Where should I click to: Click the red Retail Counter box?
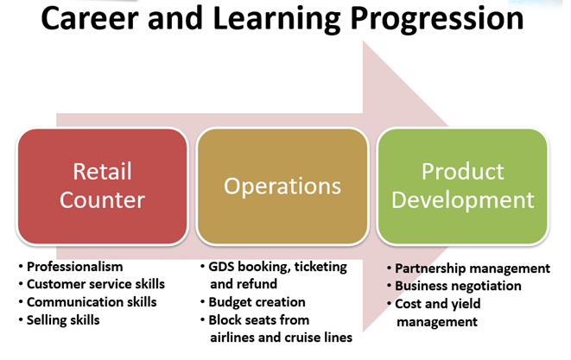tap(103, 186)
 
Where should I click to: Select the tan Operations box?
tap(282, 186)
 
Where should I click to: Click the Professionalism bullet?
tap(75, 267)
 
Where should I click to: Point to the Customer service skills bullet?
tap(95, 284)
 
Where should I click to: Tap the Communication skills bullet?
tap(92, 302)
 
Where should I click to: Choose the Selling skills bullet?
tap(63, 319)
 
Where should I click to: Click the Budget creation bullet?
tap(257, 302)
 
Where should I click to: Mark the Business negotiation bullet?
tap(458, 286)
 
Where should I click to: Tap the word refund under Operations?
tap(257, 284)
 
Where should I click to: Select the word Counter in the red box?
tap(103, 200)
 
